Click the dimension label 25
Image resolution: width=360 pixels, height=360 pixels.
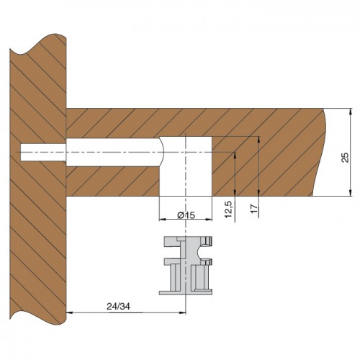tap(345, 158)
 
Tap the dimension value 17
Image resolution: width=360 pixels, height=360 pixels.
tap(254, 208)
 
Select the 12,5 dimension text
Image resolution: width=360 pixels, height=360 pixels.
tap(228, 210)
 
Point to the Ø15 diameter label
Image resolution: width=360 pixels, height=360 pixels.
tap(186, 215)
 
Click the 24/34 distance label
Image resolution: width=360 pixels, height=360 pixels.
tap(118, 307)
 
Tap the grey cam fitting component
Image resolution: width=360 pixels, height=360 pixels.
tap(186, 266)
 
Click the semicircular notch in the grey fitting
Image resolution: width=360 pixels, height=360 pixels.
tap(201, 253)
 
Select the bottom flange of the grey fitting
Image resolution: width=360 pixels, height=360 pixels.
tap(186, 292)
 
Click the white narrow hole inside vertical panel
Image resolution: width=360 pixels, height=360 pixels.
tap(43, 152)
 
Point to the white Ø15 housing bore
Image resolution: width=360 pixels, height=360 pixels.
tap(186, 166)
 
